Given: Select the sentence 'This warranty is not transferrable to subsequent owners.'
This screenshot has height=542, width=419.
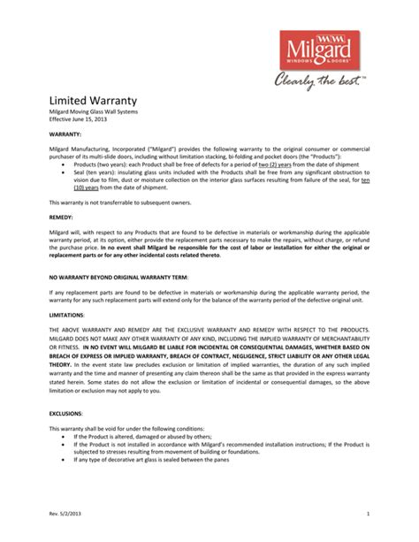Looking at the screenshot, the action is coord(119,202).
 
